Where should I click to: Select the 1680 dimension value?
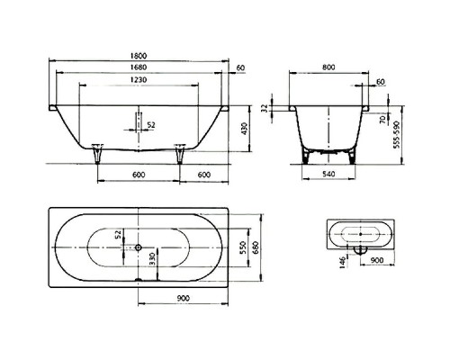137,67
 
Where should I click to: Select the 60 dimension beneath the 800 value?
382,82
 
